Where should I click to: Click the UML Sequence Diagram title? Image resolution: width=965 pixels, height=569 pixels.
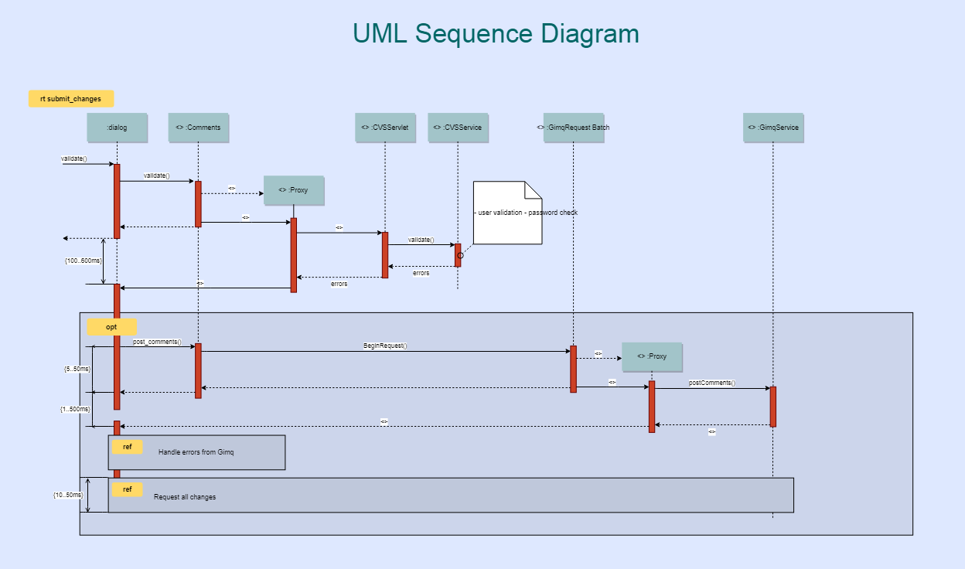pos(496,34)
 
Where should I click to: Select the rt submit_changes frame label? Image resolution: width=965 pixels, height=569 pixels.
pos(70,99)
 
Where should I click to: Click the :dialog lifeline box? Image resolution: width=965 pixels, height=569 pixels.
pos(118,128)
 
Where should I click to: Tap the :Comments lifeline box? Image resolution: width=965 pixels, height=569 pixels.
pos(199,128)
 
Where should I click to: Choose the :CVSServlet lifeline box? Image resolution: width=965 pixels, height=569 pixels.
pos(385,128)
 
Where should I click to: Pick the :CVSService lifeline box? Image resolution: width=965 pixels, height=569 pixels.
pos(458,128)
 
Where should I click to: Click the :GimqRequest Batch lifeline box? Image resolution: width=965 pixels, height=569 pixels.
pos(574,128)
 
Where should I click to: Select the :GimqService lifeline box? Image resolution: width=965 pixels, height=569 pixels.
pos(773,128)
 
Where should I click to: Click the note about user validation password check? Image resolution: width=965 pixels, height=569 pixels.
pos(507,213)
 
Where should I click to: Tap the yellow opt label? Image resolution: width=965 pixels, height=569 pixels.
pos(111,327)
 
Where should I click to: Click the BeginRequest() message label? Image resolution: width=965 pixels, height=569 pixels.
pos(385,346)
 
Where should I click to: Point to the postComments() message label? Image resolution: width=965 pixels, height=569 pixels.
pos(712,383)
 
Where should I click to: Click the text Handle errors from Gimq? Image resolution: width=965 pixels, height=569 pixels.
pos(196,451)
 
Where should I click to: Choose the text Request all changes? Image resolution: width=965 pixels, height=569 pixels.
pos(185,497)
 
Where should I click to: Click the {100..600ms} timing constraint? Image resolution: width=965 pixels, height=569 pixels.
pos(83,261)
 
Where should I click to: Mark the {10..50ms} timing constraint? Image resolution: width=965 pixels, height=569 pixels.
pos(68,494)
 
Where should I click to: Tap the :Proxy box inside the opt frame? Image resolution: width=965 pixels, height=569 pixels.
pos(652,356)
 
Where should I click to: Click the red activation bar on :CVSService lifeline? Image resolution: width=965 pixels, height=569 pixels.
pos(458,255)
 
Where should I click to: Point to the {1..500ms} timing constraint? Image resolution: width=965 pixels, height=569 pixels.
pos(75,408)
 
